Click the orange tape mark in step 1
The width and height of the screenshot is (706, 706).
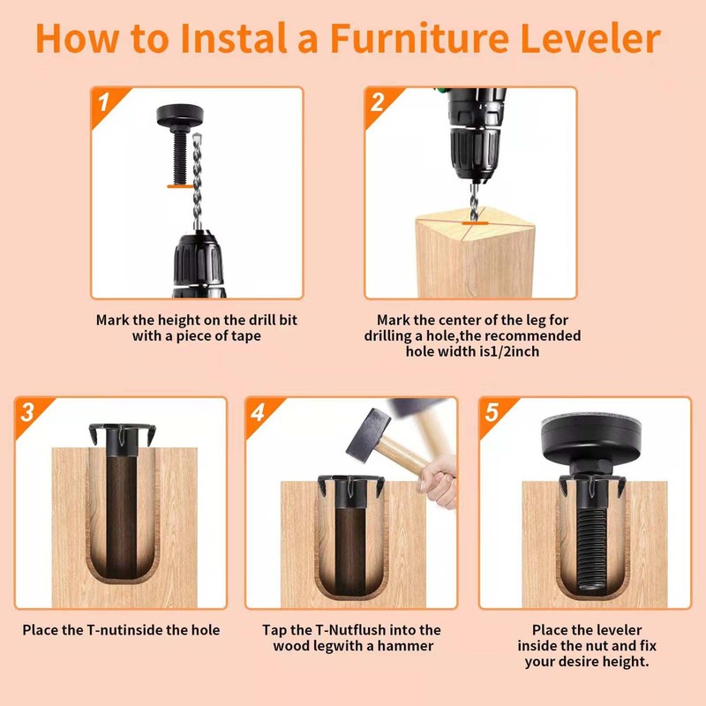point(180,185)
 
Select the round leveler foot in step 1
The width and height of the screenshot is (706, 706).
point(180,116)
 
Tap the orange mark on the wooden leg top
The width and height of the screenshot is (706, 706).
point(475,222)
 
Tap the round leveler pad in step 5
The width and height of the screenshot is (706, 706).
point(590,439)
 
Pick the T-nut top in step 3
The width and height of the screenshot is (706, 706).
point(122,434)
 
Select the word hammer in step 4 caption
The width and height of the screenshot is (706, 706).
point(405,646)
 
